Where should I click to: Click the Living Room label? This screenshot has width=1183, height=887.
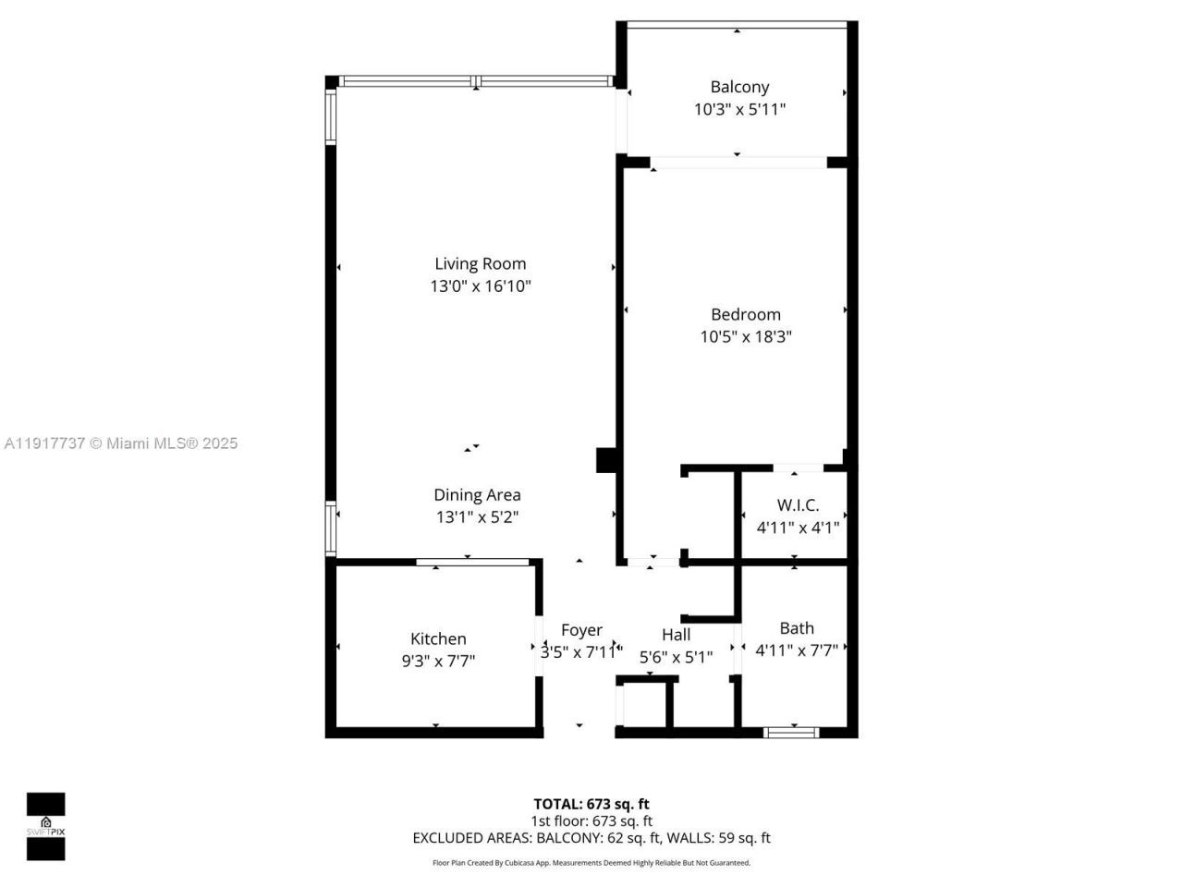tap(480, 264)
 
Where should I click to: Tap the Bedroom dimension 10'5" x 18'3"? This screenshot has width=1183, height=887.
tap(745, 337)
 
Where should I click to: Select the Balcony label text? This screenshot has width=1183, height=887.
tap(739, 87)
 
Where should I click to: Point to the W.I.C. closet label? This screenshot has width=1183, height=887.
tap(797, 505)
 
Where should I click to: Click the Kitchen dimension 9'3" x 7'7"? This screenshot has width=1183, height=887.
tap(437, 662)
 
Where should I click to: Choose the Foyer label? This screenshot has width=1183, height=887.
tap(581, 630)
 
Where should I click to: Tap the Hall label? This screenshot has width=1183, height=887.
tap(676, 635)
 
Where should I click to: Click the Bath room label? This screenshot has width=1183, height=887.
tap(796, 628)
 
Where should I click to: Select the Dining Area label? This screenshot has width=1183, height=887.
tap(477, 495)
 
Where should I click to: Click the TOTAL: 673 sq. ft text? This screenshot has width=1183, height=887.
tap(591, 804)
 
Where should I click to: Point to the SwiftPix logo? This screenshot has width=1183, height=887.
tap(45, 826)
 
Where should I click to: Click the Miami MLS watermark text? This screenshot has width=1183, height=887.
tap(121, 443)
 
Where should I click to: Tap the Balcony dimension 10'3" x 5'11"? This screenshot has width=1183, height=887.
tap(739, 109)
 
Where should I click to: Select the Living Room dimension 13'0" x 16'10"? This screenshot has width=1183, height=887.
tap(480, 286)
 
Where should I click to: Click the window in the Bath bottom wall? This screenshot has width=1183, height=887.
tap(792, 733)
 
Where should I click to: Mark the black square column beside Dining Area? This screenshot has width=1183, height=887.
tap(606, 460)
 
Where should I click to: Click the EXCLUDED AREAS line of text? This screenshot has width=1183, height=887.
tap(591, 838)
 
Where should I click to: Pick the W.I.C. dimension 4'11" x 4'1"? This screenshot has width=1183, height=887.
tap(797, 528)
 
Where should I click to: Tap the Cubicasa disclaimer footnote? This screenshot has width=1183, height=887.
tap(591, 863)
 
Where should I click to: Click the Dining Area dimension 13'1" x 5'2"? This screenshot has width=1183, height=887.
tap(477, 517)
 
